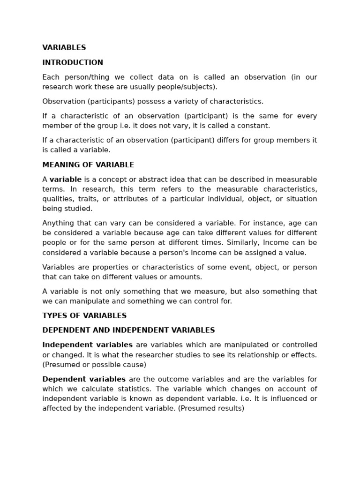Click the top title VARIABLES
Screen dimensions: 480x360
pos(64,48)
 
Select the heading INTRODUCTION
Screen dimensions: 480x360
pos(73,62)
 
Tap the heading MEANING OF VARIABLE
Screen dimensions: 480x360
pos(88,165)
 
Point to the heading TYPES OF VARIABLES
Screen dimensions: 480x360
pos(84,315)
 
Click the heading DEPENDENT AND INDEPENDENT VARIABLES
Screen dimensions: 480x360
pos(128,330)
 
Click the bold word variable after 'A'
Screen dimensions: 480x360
pos(66,180)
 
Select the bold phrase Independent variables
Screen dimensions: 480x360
pos(88,345)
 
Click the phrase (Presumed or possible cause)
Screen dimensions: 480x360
pos(94,364)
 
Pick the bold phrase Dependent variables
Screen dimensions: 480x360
pos(84,379)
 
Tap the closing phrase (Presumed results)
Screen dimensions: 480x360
pos(211,408)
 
